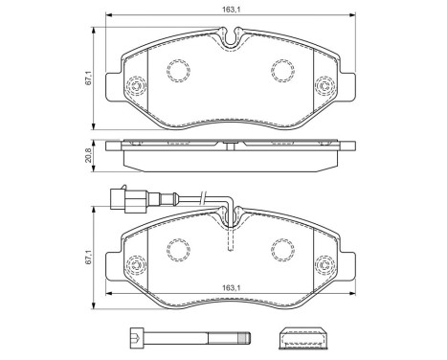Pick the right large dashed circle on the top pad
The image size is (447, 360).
pos(283,69)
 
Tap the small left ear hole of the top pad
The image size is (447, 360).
pos(135,89)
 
